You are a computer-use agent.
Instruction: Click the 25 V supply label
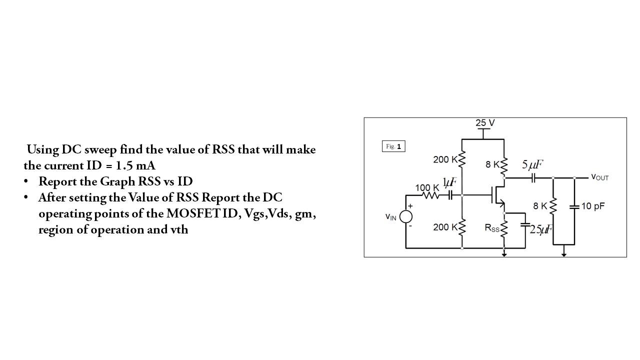[485, 123]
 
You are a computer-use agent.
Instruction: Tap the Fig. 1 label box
[393, 146]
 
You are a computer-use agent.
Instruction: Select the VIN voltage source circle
[405, 216]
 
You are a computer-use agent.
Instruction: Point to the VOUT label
[599, 177]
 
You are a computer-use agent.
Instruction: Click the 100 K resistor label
[427, 187]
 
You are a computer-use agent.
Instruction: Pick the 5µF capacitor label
[532, 164]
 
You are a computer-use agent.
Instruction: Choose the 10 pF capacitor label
[593, 206]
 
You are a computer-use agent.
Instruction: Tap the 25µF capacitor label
[541, 229]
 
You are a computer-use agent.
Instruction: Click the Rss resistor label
[492, 228]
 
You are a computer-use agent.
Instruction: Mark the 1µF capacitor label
[449, 181]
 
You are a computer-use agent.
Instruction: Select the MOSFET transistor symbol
[497, 195]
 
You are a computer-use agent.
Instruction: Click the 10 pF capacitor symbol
[574, 206]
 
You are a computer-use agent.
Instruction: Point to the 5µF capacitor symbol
[533, 177]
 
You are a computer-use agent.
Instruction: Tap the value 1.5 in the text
[125, 165]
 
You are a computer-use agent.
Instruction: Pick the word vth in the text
[178, 230]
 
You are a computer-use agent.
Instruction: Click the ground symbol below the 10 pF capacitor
[564, 253]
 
